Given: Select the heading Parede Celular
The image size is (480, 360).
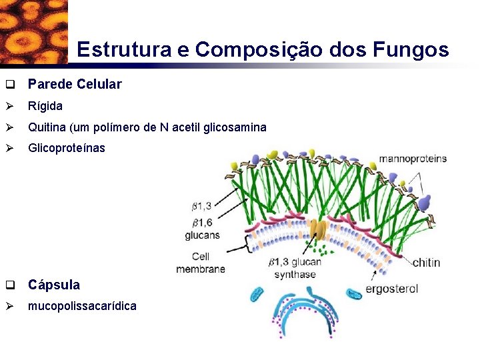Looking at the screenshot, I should pos(75,84).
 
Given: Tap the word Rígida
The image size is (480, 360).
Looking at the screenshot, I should pos(45,106).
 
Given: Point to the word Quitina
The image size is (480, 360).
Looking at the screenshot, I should pos(47,127).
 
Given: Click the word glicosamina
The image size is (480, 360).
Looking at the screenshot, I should pos(231,127).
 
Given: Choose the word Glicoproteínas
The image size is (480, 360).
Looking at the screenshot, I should pos(67,148).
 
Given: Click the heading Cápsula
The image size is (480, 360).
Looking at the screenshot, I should pos(54,285).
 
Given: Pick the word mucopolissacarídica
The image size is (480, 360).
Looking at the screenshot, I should pos(82,306).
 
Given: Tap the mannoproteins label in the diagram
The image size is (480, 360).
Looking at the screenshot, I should pos(413,159).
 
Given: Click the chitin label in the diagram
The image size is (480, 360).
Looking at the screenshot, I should pos(426,262).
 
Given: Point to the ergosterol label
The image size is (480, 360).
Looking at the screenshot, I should pos(392,289).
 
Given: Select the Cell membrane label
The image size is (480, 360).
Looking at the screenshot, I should pos(201,263).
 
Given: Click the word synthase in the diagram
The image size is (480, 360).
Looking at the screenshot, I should pos(294,275).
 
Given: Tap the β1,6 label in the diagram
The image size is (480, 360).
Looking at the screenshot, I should pos(201,221).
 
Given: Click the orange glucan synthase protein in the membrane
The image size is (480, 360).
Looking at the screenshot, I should pos(321,231).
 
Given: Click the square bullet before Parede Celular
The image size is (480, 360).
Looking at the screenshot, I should pos(10,85).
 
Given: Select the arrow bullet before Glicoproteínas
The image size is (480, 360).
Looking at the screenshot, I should pos(10,148).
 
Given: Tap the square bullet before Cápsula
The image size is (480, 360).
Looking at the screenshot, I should pos(10,285).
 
